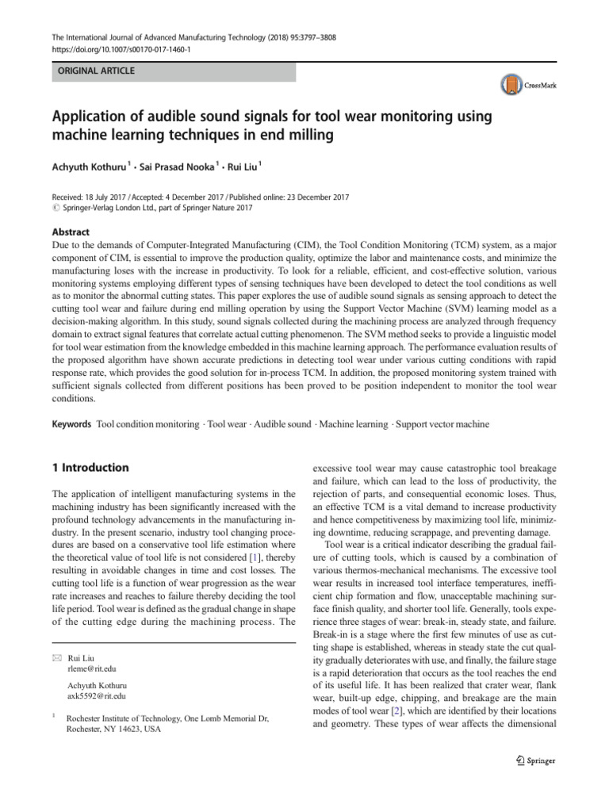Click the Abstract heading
pos(71,232)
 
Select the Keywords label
pos(72,424)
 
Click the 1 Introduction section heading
pos(90,468)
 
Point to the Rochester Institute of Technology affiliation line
pos(167,719)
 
